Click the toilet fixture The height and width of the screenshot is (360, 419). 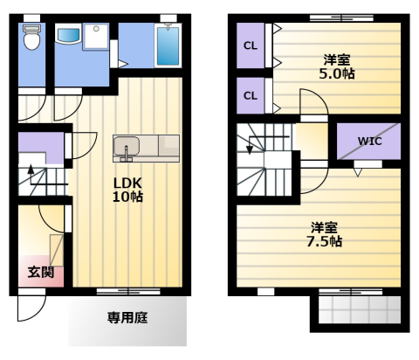31,38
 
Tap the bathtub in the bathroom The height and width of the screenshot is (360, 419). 168,45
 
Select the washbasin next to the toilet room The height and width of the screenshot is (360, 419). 68,34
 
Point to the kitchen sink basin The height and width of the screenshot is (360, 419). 127,146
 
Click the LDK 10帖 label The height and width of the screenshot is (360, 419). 127,190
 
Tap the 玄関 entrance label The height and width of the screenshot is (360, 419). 41,272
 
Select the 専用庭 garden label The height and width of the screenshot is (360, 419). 127,317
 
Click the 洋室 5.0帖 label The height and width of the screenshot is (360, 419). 337,67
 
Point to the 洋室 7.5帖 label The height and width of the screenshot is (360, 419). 324,234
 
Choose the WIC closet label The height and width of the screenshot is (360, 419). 369,142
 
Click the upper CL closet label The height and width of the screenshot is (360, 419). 251,45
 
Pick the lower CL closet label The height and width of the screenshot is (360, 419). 251,95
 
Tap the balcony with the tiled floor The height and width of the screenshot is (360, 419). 360,309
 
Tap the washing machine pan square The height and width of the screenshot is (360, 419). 96,37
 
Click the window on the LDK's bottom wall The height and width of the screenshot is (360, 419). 128,291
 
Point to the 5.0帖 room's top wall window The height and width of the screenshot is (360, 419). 341,17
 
